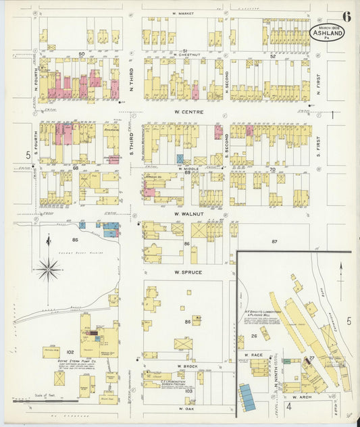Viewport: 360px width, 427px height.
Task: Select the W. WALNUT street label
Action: pos(185,214)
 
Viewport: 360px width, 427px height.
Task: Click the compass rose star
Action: pos(49,270)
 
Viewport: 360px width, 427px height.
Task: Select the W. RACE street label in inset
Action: pos(253,354)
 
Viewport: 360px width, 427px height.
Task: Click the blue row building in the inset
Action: pos(247,397)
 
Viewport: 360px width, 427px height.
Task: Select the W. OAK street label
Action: pos(185,409)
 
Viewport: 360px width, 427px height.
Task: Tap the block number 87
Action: pos(274,241)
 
